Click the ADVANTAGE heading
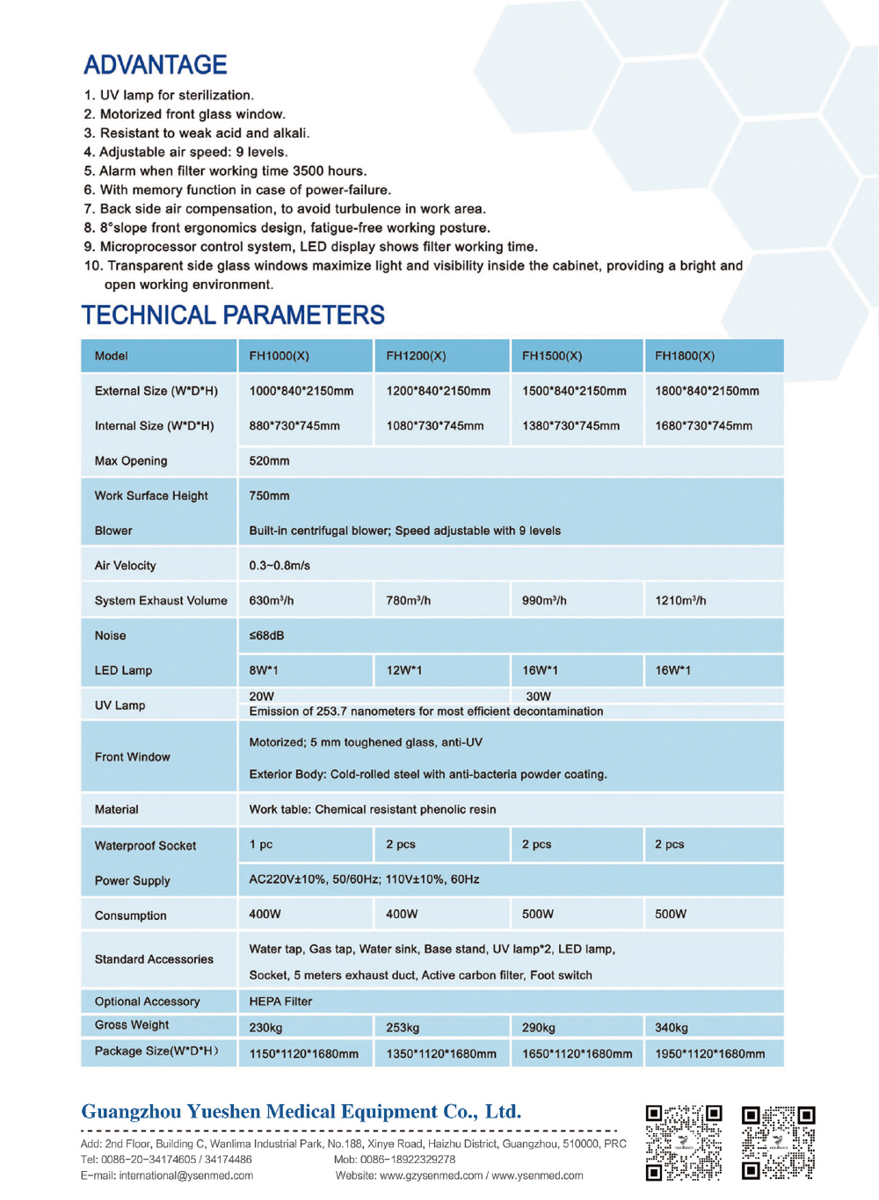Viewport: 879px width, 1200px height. pos(156,65)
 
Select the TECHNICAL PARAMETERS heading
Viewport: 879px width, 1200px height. pos(233,315)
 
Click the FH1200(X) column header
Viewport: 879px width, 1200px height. pos(416,356)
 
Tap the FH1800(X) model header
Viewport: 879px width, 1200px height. pos(685,356)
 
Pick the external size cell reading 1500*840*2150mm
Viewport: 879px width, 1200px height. pos(574,391)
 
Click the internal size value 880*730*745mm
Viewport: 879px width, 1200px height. pos(294,426)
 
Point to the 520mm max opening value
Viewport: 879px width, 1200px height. pos(269,461)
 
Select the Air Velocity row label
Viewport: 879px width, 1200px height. pos(126,566)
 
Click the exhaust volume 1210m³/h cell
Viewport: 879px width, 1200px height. pos(680,601)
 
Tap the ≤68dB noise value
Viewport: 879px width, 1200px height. pos(266,636)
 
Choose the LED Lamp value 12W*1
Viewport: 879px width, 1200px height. pos(404,670)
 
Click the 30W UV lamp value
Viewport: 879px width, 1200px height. pos(538,697)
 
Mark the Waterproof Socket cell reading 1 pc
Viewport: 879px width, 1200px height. pos(261,844)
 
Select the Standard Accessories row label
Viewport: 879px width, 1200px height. pos(154,959)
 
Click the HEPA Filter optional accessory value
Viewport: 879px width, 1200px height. pos(280,1001)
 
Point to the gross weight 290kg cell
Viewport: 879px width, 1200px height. pos(539,1028)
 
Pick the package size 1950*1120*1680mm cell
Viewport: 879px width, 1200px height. pos(709,1054)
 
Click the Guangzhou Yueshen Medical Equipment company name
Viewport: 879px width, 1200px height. pos(301,1112)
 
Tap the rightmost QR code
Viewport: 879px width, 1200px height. pos(778,1142)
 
